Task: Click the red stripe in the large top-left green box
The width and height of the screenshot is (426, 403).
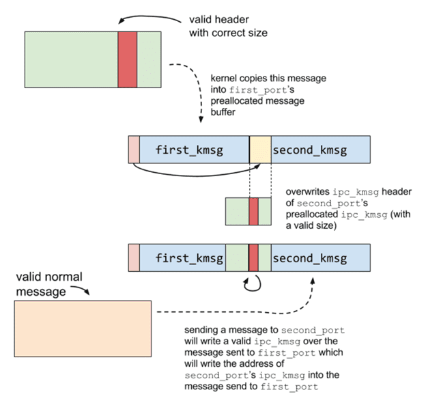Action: [128, 59]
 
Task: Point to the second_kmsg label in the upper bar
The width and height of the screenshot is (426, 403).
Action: [309, 149]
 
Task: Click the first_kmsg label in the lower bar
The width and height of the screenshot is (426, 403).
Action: [189, 258]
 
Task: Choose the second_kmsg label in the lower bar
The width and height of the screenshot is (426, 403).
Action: [309, 258]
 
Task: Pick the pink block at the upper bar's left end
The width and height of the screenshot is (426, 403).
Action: [134, 149]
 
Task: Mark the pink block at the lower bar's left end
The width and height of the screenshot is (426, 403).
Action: [134, 258]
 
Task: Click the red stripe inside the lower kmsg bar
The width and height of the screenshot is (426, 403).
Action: [253, 258]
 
